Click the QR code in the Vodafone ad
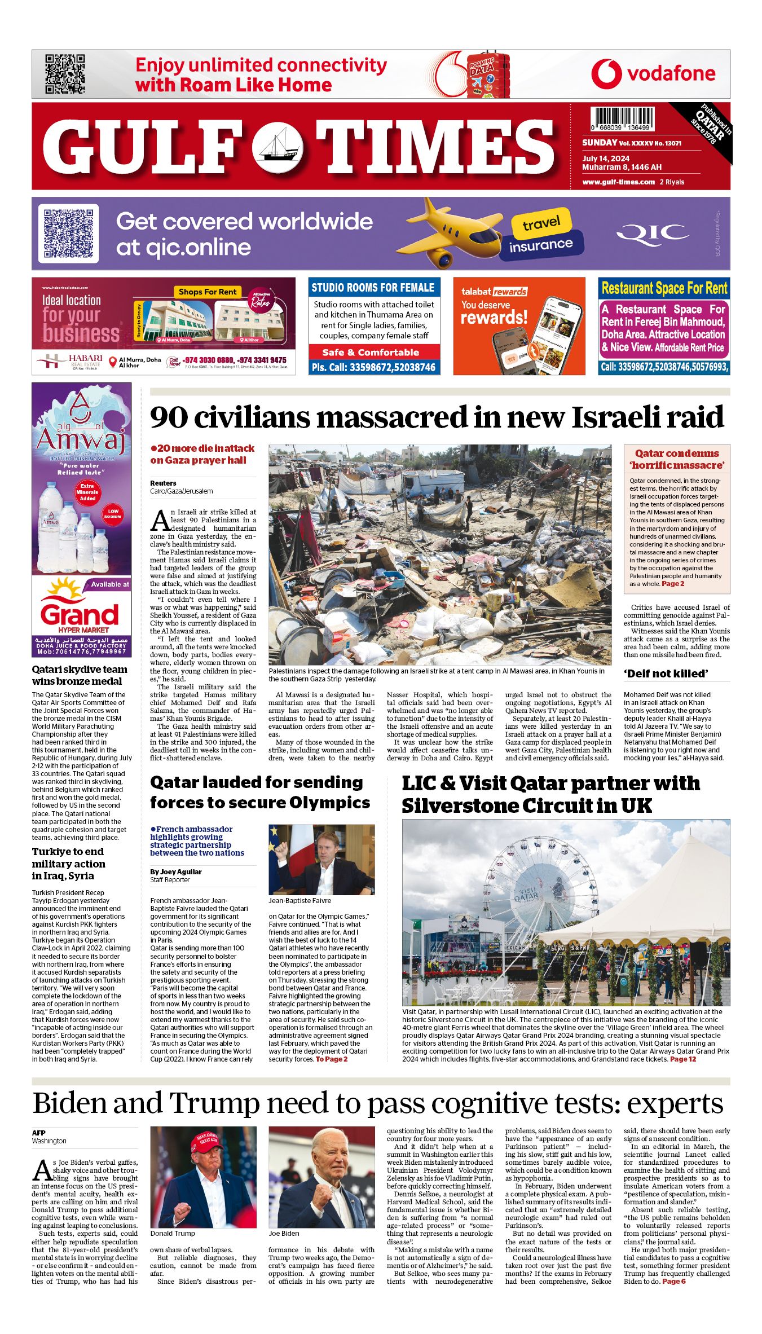tap(65, 74)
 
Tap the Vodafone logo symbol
tap(606, 74)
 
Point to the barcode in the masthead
tap(623, 119)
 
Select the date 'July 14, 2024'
tap(606, 159)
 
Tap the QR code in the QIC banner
tap(68, 234)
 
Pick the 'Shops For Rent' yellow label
tap(208, 292)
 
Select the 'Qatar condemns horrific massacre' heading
tap(676, 459)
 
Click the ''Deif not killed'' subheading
tap(665, 673)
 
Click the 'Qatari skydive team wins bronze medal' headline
tap(80, 675)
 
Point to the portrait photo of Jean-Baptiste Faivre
tap(321, 860)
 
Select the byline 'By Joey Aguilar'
tap(176, 871)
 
